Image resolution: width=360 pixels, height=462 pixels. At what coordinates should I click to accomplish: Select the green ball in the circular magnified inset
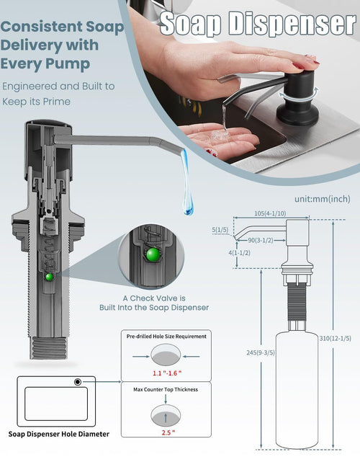point(152,253)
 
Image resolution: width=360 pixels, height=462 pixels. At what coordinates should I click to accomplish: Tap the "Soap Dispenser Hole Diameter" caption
point(60,434)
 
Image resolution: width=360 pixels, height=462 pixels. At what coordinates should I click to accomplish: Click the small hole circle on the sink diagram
point(76,382)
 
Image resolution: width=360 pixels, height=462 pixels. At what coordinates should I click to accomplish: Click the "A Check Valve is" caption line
point(153,298)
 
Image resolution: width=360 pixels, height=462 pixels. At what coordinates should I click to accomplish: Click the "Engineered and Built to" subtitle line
point(58,86)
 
